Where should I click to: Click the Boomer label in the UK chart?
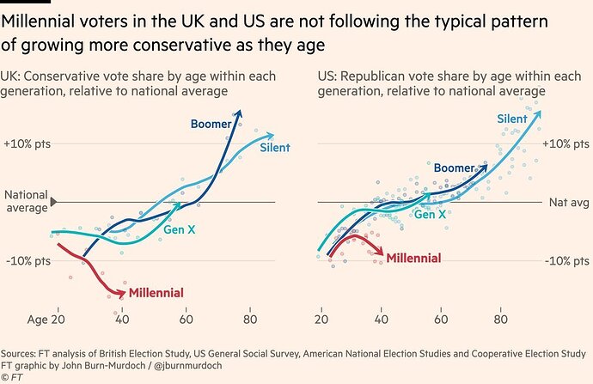pos(211,124)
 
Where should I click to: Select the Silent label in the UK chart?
pos(275,148)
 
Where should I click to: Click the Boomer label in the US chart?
pos(455,168)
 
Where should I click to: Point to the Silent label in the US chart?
pos(513,119)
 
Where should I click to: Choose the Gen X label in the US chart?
pos(431,214)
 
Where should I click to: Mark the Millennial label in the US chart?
pos(413,258)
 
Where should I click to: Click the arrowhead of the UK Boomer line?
pos(240,111)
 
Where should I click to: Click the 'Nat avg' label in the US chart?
pos(567,203)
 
